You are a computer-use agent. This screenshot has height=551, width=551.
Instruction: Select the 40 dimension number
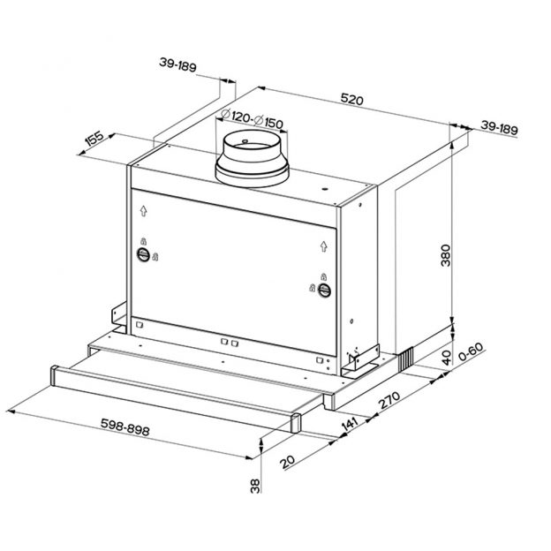coord(447,358)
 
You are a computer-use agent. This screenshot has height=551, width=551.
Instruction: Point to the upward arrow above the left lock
coord(141,212)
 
